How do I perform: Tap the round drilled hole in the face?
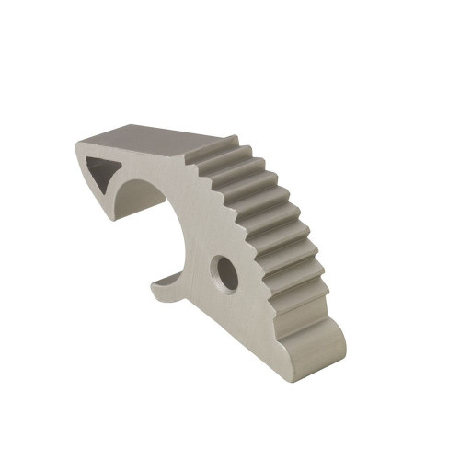pyautogui.click(x=224, y=273)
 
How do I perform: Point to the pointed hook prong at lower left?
pyautogui.click(x=158, y=281)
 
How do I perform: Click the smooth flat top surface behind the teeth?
pyautogui.click(x=152, y=141)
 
